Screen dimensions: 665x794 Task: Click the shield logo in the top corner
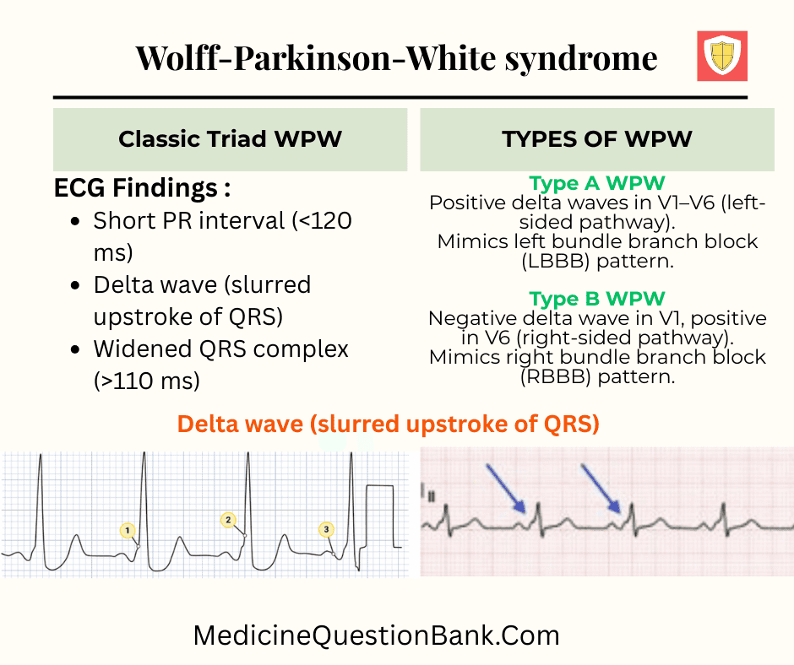722,57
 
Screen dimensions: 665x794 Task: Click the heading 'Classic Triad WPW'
230,139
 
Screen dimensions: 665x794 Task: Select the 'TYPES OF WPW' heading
597,139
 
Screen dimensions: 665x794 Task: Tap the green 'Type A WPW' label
597,183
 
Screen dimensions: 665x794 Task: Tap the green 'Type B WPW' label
597,298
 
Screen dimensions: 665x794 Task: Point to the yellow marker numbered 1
128,530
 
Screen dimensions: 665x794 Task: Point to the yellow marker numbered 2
228,520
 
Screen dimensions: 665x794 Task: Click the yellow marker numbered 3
326,529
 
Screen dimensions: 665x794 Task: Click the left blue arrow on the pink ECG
506,489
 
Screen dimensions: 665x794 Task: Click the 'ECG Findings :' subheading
143,187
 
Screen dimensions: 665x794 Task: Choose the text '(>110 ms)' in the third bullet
146,381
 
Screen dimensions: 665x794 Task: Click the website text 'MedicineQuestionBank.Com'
376,635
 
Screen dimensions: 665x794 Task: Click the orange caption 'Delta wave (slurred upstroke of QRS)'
389,424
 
